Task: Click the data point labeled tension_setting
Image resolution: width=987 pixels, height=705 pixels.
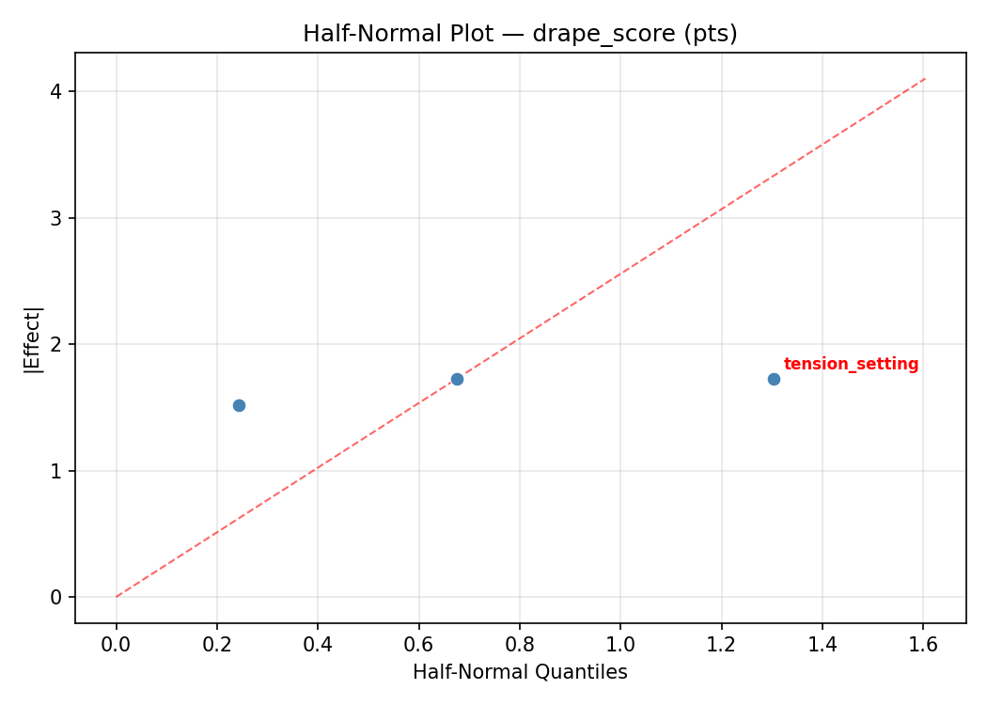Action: (x=774, y=379)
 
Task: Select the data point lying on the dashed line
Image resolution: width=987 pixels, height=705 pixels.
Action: (x=457, y=379)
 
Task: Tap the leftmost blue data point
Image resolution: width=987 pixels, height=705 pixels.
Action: (x=239, y=405)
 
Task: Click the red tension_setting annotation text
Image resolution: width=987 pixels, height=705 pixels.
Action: (x=851, y=365)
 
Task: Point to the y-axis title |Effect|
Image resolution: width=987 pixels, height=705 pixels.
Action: (x=33, y=339)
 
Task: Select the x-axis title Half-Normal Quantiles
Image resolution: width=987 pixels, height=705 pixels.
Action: (x=520, y=672)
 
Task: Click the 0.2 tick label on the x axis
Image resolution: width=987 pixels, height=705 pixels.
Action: (x=217, y=644)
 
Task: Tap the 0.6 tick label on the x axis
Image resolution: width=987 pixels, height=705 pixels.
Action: (x=418, y=644)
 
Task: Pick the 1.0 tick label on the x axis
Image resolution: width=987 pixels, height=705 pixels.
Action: (x=620, y=644)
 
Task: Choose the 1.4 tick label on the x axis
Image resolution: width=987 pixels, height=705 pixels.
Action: (x=822, y=644)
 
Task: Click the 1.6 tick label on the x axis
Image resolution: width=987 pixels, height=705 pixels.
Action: (x=923, y=644)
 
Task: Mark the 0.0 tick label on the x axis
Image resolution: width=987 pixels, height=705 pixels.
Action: (x=116, y=644)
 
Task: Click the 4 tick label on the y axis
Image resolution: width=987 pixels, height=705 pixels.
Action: (x=57, y=91)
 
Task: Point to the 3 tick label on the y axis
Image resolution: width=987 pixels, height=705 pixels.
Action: (x=57, y=218)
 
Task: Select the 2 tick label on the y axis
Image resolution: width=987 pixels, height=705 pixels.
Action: (x=57, y=344)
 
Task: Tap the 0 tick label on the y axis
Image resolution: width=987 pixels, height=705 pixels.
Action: (x=57, y=597)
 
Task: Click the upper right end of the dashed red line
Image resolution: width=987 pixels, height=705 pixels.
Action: (x=925, y=79)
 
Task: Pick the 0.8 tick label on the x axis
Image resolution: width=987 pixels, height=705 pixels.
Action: (x=520, y=644)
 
